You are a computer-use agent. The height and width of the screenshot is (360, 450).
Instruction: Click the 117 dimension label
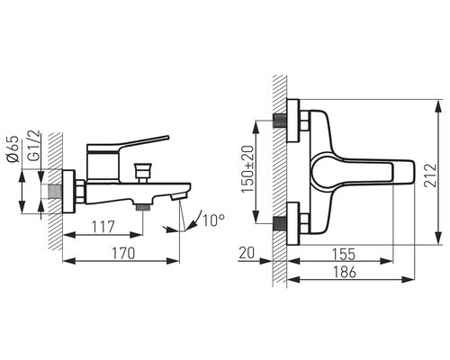[103, 227]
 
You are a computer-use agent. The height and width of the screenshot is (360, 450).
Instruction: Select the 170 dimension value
[123, 253]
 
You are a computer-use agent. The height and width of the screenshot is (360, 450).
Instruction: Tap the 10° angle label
[213, 220]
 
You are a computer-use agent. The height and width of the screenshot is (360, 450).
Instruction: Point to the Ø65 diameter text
[13, 149]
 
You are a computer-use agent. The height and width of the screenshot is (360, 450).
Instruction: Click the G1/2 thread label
[33, 145]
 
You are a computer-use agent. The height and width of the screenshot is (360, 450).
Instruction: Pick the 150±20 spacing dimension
[247, 169]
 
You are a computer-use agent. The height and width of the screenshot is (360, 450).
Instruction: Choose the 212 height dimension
[429, 175]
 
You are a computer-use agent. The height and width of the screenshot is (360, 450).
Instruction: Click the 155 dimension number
[344, 255]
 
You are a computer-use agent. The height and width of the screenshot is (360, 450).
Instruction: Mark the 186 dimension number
[345, 272]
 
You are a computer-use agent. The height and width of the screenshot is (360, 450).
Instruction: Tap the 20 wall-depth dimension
[247, 253]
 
